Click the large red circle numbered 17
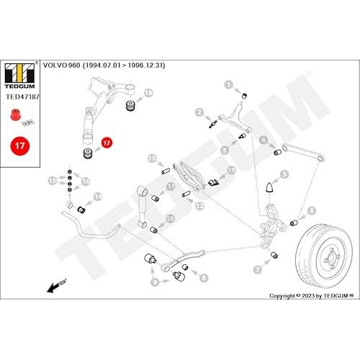coord(20,145)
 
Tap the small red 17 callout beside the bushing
coord(107,143)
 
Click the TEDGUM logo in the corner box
coord(19,76)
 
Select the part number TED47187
coord(22,96)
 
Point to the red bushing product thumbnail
coord(16,114)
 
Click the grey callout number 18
coord(149,93)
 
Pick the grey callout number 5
coord(284,174)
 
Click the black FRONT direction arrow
coord(56,285)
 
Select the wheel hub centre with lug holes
coord(330,259)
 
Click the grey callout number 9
coord(155,282)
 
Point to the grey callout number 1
coord(229,85)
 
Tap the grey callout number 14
coord(98,197)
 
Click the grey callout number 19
coord(232,171)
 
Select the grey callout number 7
coord(258,269)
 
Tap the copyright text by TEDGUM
coord(312,296)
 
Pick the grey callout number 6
coord(312,210)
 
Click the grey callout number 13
coord(152,158)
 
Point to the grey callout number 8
coord(204,278)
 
